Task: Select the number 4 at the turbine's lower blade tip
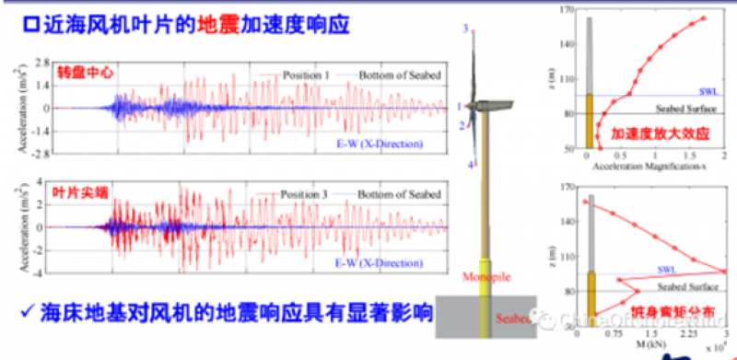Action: click(x=471, y=164)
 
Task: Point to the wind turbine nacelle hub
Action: click(x=473, y=108)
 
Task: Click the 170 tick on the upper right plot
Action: click(x=567, y=10)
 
